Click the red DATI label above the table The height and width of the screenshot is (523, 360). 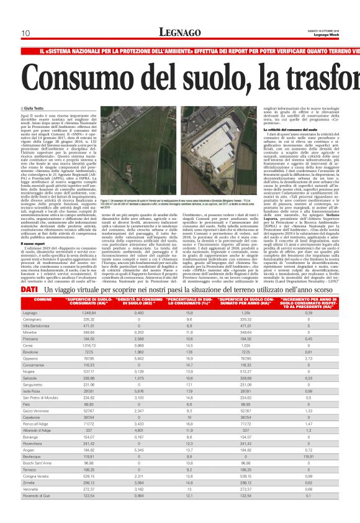pos(28,290)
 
